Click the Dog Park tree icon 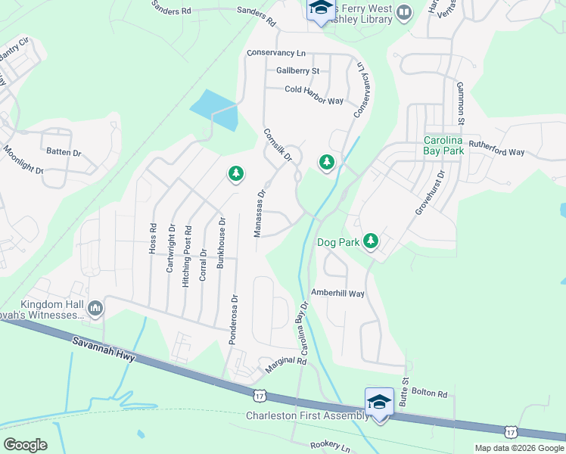click(370, 241)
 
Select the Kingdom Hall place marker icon click(95, 308)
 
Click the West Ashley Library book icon click(404, 11)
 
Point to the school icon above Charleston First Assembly click(378, 402)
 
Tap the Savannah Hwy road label click(104, 350)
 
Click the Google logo click(26, 444)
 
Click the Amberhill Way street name click(337, 293)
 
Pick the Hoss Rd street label click(153, 238)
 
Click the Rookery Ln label click(325, 446)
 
